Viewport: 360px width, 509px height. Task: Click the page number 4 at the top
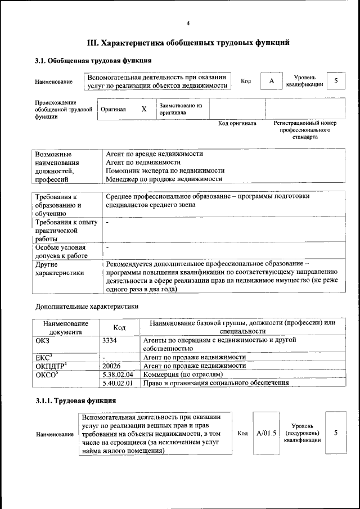(x=188, y=23)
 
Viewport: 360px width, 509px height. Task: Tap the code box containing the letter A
(x=271, y=82)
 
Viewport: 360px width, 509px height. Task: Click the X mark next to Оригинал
(x=144, y=109)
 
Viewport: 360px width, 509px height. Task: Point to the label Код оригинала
(x=237, y=123)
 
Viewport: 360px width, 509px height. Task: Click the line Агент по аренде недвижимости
(x=154, y=154)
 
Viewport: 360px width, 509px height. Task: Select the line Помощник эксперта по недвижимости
(x=165, y=170)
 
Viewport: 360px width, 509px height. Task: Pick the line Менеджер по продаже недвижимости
(x=164, y=179)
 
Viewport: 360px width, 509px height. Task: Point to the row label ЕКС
(x=44, y=357)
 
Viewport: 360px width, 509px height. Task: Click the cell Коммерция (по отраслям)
(x=183, y=374)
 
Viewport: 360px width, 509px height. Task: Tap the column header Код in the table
(x=119, y=327)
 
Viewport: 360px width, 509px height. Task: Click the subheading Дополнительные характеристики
(x=87, y=307)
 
